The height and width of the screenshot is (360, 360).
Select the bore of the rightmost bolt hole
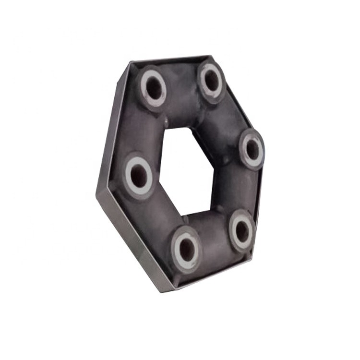coord(252,150)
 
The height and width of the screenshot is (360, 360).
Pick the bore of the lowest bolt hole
coord(187,250)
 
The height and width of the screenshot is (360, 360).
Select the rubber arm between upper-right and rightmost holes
coord(230,118)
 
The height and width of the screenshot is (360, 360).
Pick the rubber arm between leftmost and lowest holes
coord(154,216)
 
